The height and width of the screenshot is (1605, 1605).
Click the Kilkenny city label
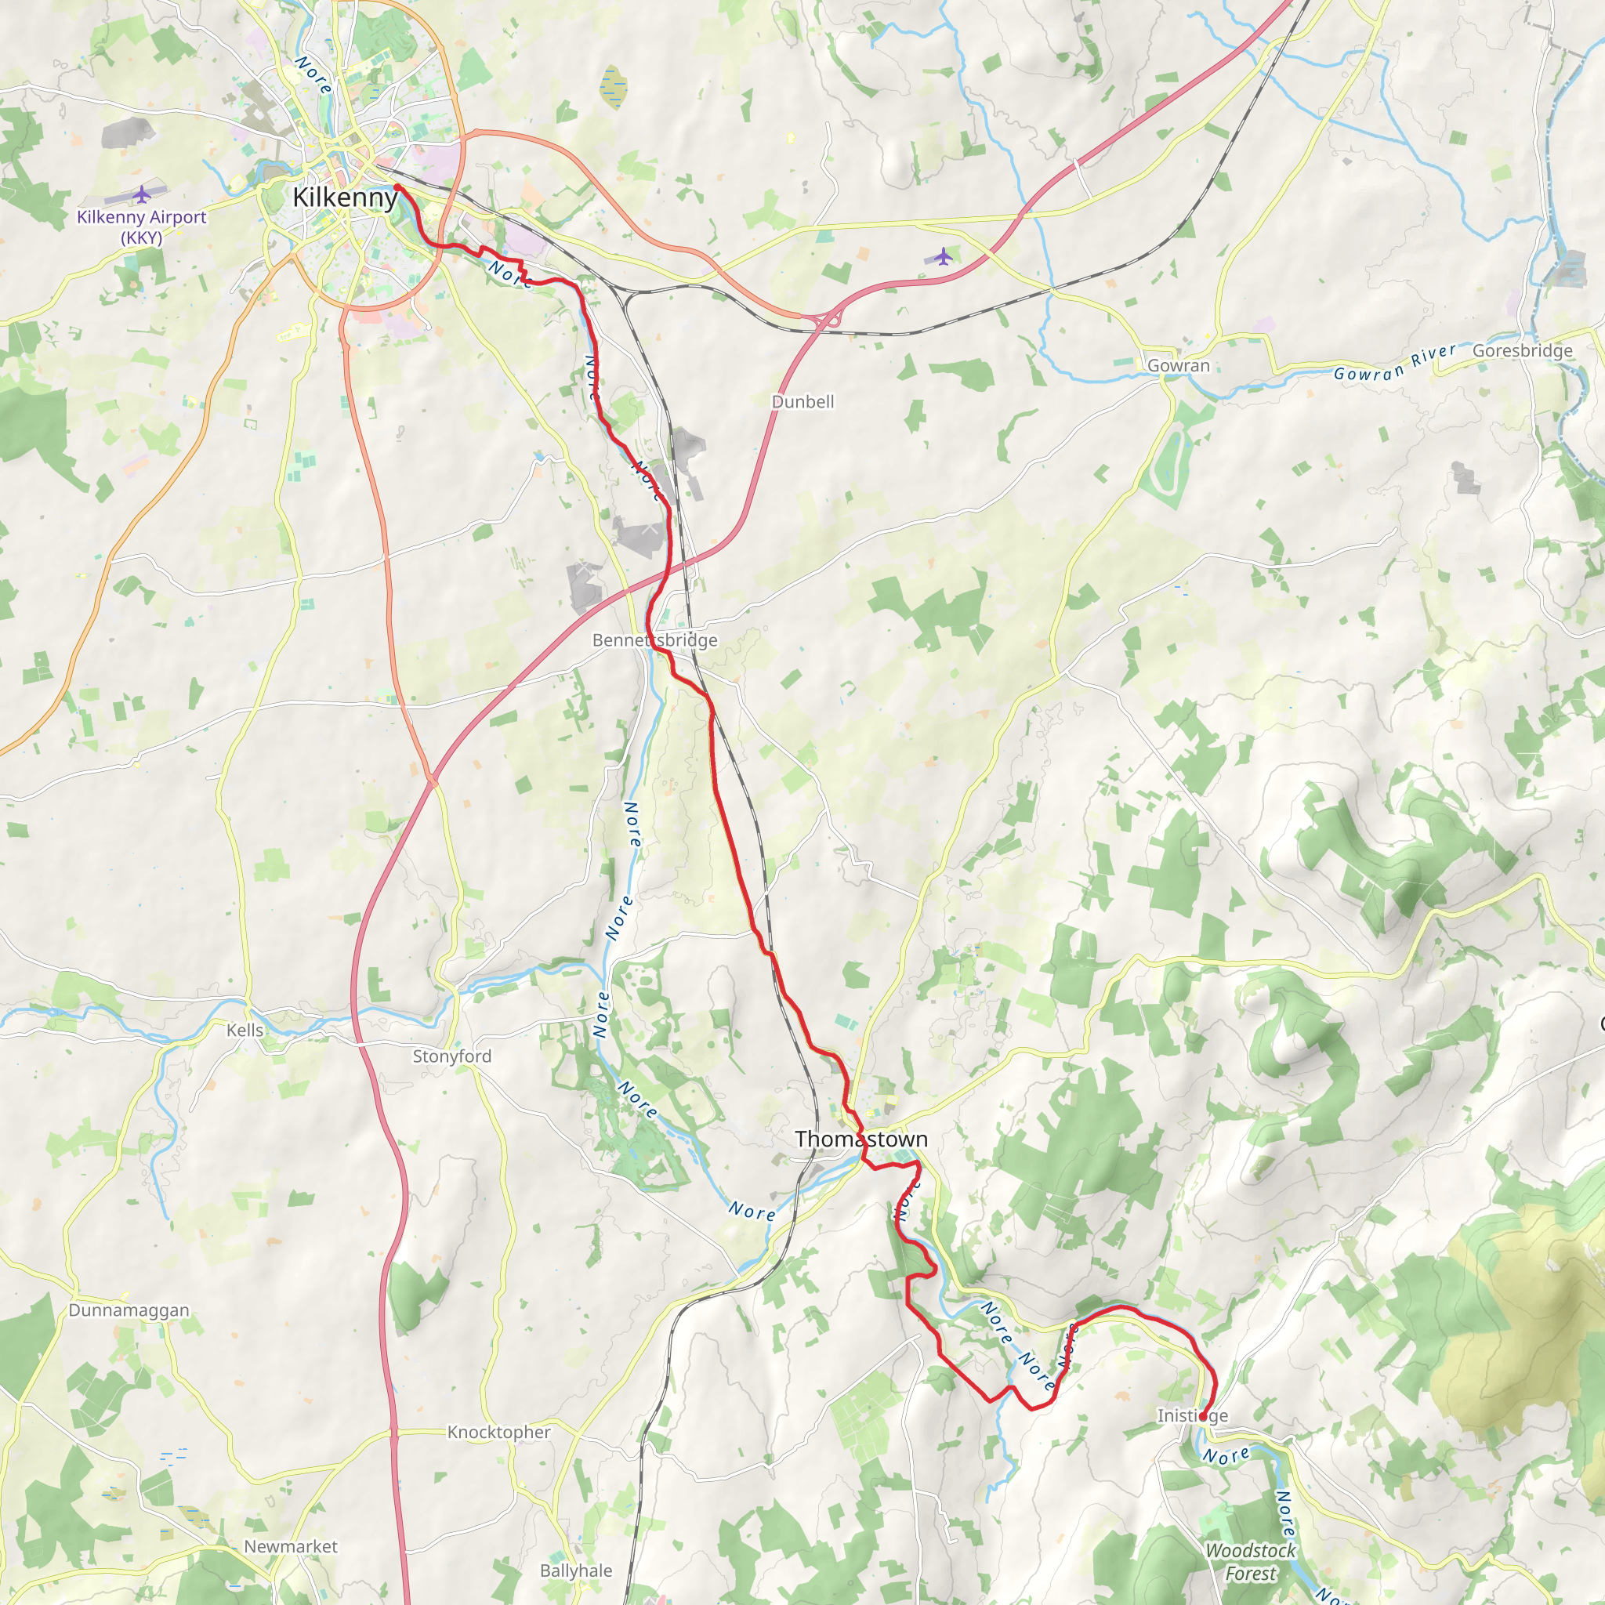[345, 197]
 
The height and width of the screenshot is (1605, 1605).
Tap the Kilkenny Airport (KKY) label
[141, 226]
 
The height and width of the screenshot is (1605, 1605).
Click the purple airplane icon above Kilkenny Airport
[142, 194]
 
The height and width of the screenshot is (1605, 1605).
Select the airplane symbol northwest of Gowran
[942, 257]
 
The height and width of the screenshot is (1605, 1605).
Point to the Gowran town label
[1178, 365]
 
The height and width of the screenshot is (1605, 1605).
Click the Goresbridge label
[1522, 350]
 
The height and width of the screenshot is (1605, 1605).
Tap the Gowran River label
[1395, 363]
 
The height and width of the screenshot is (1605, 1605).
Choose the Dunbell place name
[802, 402]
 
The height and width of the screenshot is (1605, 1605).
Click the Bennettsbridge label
[654, 640]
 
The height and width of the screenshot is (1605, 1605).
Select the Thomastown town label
[860, 1139]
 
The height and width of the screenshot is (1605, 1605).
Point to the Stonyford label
[452, 1056]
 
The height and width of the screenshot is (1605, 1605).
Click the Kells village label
[245, 1030]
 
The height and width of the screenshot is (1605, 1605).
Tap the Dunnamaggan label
[129, 1310]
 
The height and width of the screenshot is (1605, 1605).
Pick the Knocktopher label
[498, 1433]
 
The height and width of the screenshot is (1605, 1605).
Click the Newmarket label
[291, 1547]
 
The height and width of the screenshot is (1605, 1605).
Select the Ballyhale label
[576, 1571]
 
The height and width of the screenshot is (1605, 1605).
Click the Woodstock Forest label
[1250, 1562]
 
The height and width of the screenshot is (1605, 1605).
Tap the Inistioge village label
[1192, 1415]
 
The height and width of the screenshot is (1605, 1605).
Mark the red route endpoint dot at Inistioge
[1203, 1416]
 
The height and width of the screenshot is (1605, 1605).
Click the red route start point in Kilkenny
[397, 188]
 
